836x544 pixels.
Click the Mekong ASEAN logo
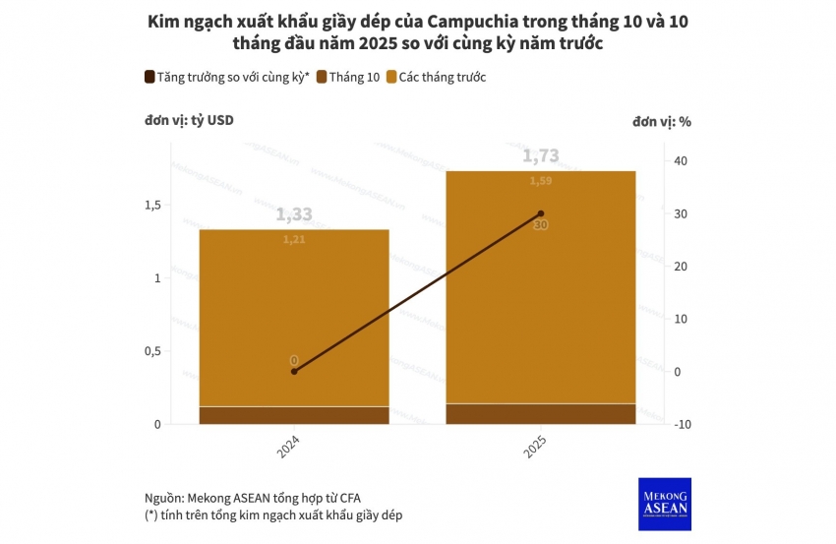click(665, 504)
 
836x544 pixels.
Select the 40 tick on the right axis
click(681, 161)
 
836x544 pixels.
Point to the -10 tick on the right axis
click(679, 424)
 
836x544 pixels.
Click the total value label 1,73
click(540, 155)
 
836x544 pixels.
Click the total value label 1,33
click(294, 214)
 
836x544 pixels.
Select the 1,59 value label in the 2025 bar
click(541, 181)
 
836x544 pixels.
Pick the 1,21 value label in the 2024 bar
click(294, 239)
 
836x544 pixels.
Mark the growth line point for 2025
click(541, 213)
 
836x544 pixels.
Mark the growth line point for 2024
click(294, 371)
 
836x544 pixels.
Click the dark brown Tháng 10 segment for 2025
click(541, 414)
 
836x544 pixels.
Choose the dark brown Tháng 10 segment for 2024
click(294, 415)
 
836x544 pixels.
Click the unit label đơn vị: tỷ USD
click(190, 121)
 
